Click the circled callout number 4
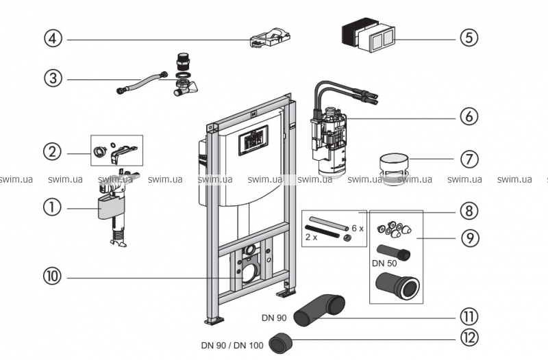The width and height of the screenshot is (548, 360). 53,38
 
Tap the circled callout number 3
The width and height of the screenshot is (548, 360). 53,78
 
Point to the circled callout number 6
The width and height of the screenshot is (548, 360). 468,116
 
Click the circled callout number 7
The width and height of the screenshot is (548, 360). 468,159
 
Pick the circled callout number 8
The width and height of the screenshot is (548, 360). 468,210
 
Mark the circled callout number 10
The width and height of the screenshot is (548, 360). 53,277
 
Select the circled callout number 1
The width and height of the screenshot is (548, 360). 53,205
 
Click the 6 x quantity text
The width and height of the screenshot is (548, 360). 357,227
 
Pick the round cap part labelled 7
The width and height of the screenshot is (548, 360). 394,167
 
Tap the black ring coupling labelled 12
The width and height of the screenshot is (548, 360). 282,341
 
